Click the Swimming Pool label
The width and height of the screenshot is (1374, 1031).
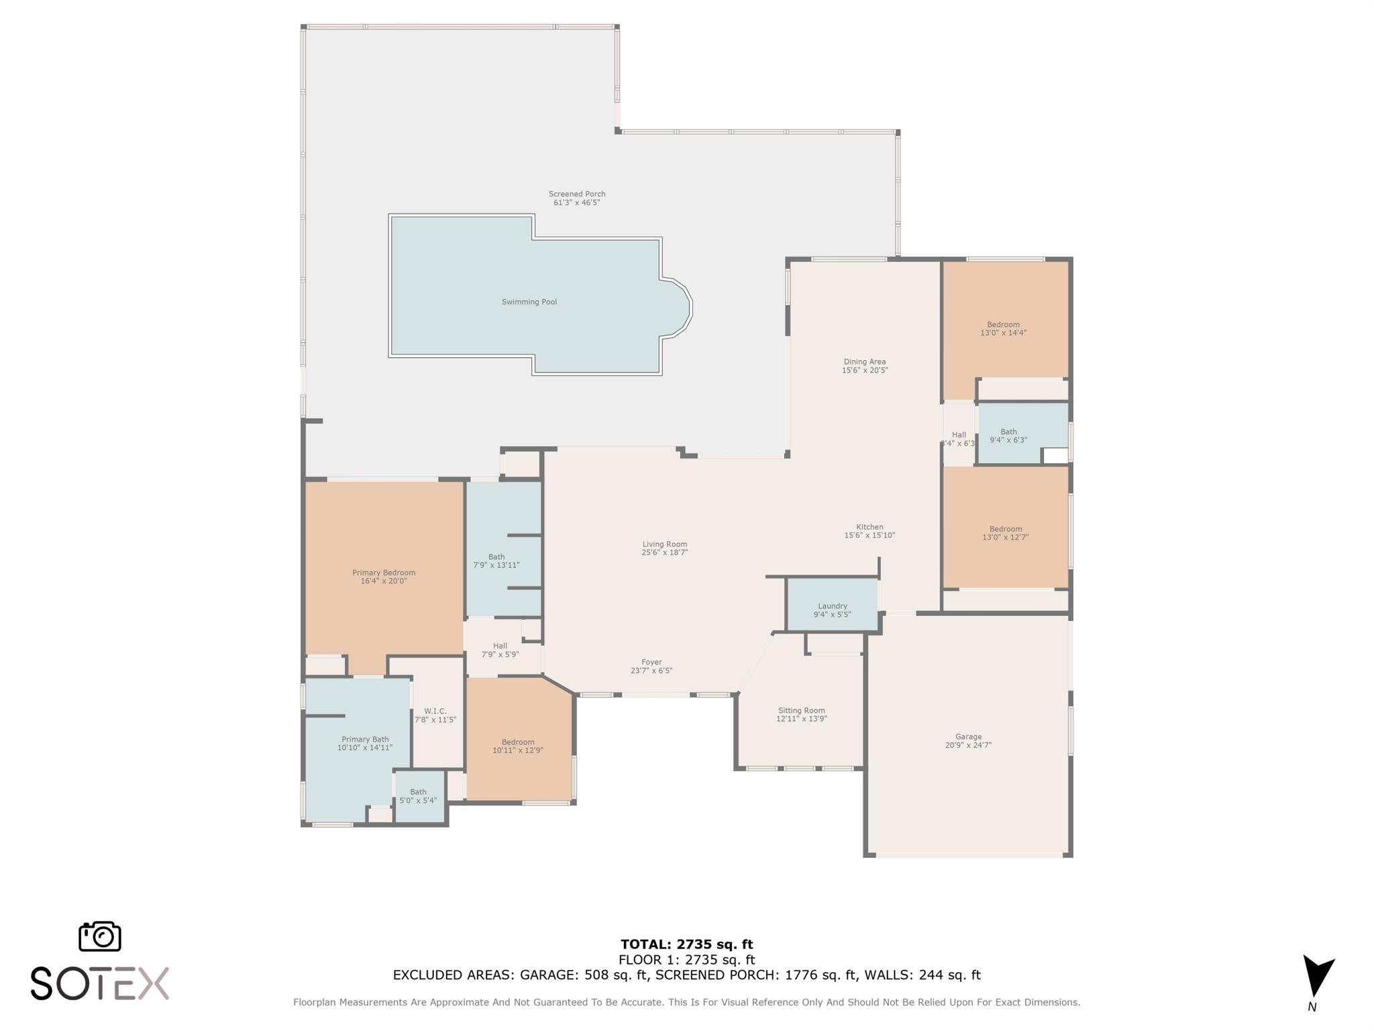(x=529, y=302)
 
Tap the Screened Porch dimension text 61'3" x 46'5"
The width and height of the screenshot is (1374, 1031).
(x=577, y=203)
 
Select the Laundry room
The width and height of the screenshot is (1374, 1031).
(x=832, y=605)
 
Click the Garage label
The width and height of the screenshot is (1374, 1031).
(x=968, y=736)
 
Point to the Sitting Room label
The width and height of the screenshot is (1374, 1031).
(x=802, y=710)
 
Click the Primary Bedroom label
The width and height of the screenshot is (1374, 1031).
(x=384, y=573)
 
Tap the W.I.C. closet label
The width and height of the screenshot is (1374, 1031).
(x=435, y=711)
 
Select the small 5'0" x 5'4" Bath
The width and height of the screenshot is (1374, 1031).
(x=420, y=796)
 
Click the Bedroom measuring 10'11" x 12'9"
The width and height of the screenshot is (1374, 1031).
(x=519, y=738)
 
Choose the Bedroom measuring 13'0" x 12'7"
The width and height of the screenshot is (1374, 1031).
(x=1005, y=528)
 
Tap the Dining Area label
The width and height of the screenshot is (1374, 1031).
(x=865, y=362)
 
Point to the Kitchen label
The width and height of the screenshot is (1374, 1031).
(x=869, y=527)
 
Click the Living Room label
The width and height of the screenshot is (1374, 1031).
(x=665, y=544)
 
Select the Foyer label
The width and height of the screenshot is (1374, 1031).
(x=651, y=662)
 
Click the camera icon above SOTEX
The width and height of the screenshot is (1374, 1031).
(x=100, y=936)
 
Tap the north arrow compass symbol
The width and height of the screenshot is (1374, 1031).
(x=1317, y=976)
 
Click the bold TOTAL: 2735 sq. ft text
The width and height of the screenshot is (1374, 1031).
(x=687, y=944)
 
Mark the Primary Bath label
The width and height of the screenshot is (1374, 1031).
(x=365, y=739)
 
